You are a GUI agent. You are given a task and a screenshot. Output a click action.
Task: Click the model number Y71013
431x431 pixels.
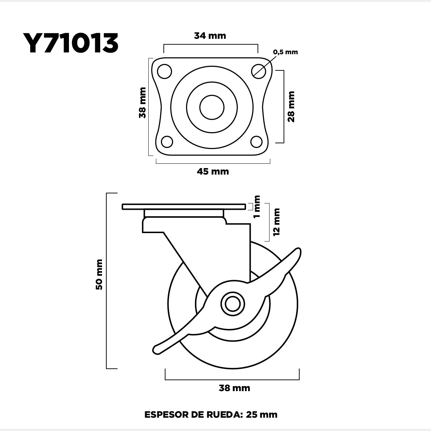[x=70, y=43]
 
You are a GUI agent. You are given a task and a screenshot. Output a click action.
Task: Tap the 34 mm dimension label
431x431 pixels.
[x=210, y=36]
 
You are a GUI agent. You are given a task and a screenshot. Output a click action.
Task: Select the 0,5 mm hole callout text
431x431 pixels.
[x=286, y=52]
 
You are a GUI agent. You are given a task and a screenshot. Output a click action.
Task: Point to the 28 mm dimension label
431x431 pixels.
[x=291, y=106]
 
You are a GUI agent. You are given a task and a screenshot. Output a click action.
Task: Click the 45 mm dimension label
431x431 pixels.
[x=213, y=172]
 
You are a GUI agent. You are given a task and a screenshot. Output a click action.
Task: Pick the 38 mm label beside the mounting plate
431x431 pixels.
[x=142, y=103]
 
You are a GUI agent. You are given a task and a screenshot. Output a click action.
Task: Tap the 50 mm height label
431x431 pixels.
[x=99, y=275]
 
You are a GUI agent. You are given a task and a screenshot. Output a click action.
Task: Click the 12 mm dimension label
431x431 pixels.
[x=277, y=222]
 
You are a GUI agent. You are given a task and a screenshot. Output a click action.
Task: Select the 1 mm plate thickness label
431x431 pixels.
[x=257, y=207]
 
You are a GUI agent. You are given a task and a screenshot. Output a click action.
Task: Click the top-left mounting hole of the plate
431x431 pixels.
[x=164, y=71]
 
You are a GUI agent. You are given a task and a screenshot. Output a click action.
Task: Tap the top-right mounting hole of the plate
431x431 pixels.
[x=259, y=71]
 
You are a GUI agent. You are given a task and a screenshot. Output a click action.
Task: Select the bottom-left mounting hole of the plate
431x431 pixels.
[x=167, y=142]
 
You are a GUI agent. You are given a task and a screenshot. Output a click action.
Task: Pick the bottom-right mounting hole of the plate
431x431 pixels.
[x=256, y=142]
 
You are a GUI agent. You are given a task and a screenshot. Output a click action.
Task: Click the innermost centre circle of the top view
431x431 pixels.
[x=212, y=108]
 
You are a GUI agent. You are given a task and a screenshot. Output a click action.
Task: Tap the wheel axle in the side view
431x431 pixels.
[x=233, y=304]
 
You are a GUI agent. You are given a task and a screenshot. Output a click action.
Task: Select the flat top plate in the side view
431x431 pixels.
[x=184, y=207]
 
